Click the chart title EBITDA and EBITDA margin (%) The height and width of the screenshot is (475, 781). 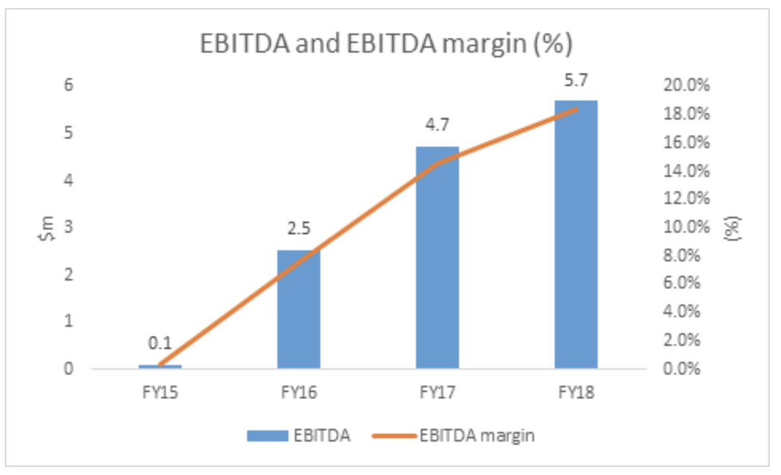click(385, 45)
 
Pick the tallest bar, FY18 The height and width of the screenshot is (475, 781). click(575, 234)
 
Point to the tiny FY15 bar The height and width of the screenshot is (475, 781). click(160, 366)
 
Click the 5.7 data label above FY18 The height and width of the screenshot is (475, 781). click(575, 80)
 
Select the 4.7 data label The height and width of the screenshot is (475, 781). click(437, 127)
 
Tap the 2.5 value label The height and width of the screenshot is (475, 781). click(299, 230)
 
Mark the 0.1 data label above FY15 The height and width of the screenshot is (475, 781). click(160, 343)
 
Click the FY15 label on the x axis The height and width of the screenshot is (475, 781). click(160, 393)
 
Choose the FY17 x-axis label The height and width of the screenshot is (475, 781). click(437, 393)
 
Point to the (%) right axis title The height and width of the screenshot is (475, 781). click(736, 227)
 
